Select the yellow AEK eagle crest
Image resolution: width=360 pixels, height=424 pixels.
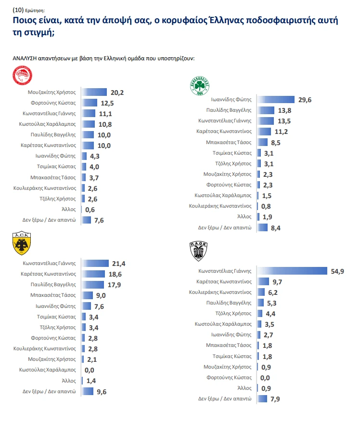(21, 244)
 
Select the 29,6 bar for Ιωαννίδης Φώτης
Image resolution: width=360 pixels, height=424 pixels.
(276, 100)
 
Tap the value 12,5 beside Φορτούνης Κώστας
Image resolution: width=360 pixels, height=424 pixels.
(106, 103)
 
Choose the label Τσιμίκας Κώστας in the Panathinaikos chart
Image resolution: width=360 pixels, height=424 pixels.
(232, 153)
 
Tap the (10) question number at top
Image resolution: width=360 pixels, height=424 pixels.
(18, 9)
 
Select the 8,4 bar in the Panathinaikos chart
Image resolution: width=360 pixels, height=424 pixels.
(263, 227)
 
